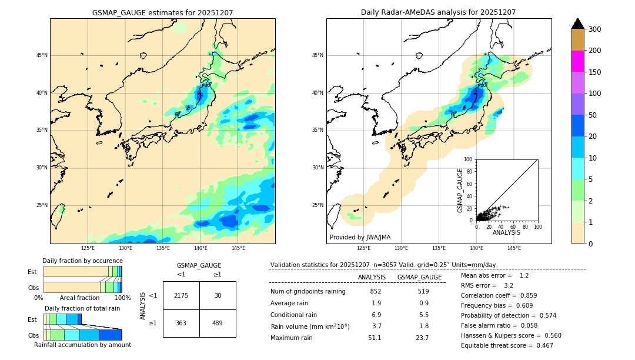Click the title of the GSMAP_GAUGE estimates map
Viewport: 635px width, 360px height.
[162, 12]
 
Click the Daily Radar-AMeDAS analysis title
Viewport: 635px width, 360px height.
[438, 12]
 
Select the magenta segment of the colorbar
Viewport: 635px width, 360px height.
[577, 61]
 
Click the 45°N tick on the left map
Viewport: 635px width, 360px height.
[42, 55]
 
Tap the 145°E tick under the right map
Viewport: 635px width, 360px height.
[514, 248]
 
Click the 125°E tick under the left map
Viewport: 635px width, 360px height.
[88, 248]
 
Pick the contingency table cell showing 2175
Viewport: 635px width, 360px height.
[181, 295]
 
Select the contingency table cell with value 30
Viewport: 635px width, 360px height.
[218, 295]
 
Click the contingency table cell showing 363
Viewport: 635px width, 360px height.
[181, 324]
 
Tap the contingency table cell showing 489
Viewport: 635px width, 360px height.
[218, 324]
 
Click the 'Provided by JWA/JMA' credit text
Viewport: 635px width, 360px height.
[360, 238]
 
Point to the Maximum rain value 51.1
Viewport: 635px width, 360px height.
[375, 338]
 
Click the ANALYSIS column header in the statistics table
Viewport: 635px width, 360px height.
[372, 277]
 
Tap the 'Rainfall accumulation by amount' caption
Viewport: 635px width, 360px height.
[82, 345]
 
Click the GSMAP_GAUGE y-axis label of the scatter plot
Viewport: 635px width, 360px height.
[461, 190]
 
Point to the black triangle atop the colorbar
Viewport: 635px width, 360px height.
[577, 24]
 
